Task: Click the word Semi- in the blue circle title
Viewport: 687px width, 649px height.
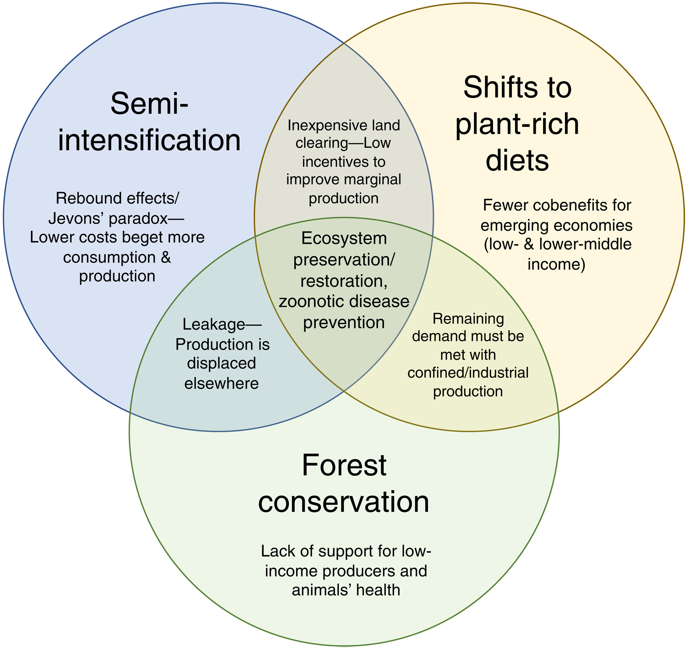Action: pyautogui.click(x=149, y=104)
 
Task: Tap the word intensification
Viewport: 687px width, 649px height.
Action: pyautogui.click(x=149, y=140)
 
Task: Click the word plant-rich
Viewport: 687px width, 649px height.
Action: pyautogui.click(x=517, y=124)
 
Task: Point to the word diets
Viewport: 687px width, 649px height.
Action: pyautogui.click(x=517, y=160)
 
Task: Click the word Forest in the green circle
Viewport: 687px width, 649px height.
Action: pyautogui.click(x=344, y=465)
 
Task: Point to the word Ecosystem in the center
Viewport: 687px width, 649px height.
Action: pyautogui.click(x=344, y=239)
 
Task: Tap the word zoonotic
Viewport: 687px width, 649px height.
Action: pyautogui.click(x=310, y=302)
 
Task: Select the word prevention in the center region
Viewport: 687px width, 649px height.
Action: pyautogui.click(x=343, y=323)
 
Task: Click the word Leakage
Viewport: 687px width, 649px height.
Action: pyautogui.click(x=214, y=324)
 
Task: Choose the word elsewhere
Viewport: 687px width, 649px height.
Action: pyautogui.click(x=221, y=383)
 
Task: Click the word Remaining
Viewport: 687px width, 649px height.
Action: pyautogui.click(x=468, y=319)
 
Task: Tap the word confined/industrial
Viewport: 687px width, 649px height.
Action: pyautogui.click(x=468, y=373)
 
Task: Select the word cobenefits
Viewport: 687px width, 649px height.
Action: pyautogui.click(x=557, y=206)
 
